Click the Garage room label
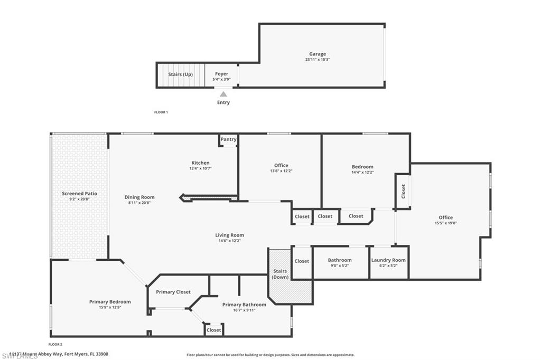(x=318, y=54)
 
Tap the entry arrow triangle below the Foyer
(x=223, y=94)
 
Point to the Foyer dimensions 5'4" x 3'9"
(x=222, y=80)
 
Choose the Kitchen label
(x=200, y=163)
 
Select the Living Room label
(x=229, y=235)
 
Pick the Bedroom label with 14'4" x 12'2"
(x=362, y=167)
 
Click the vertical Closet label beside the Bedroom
(x=404, y=191)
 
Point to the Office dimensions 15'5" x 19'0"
(x=445, y=223)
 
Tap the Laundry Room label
(x=388, y=260)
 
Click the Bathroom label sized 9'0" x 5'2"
(x=340, y=260)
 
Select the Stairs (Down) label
(x=280, y=274)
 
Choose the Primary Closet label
(x=173, y=292)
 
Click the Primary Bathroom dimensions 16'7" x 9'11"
(x=244, y=310)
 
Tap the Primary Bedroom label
(x=110, y=302)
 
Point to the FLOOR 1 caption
(x=161, y=112)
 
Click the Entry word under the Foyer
(x=223, y=102)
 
